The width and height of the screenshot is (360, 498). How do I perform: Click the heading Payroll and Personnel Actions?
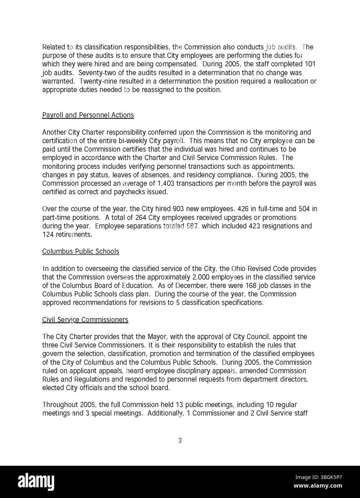[x=88, y=115]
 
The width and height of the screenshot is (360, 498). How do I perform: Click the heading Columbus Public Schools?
[x=80, y=251]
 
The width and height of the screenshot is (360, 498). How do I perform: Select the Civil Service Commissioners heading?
[x=85, y=320]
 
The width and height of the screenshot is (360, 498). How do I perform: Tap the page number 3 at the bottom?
[x=180, y=441]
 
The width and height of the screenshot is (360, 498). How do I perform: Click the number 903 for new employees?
[x=179, y=209]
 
